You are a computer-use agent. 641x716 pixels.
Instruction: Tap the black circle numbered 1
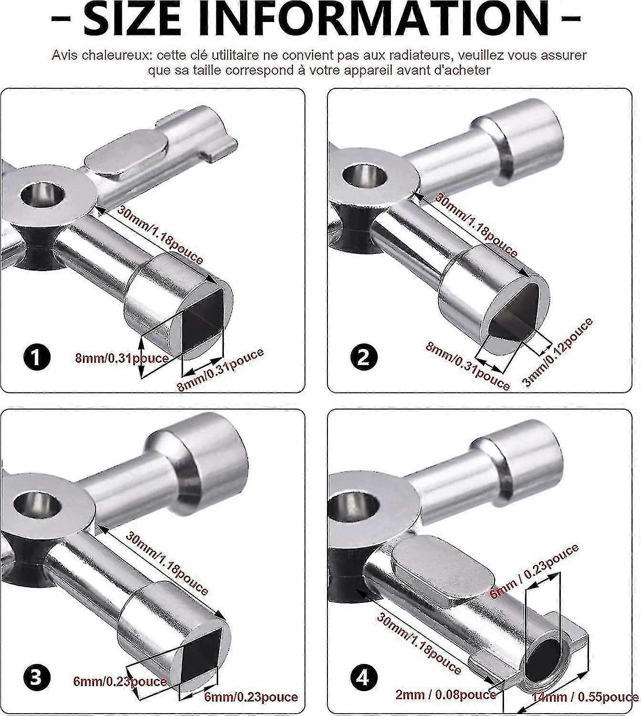pyautogui.click(x=37, y=357)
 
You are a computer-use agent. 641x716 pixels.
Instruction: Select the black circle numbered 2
pyautogui.click(x=364, y=357)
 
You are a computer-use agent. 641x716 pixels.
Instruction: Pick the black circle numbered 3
pyautogui.click(x=37, y=679)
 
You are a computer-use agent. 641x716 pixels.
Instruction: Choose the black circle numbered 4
pyautogui.click(x=364, y=679)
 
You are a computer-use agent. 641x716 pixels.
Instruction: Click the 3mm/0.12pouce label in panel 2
pyautogui.click(x=558, y=352)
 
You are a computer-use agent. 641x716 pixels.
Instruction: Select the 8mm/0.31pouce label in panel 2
pyautogui.click(x=467, y=366)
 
